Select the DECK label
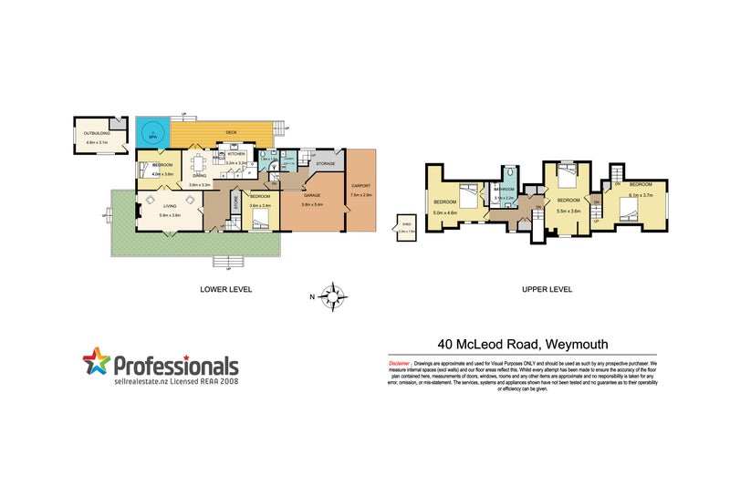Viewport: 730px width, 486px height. point(230,133)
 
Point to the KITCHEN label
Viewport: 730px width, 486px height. point(236,155)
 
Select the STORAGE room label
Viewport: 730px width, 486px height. point(326,164)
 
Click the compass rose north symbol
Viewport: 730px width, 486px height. point(336,295)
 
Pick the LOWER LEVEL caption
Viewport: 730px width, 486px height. point(225,289)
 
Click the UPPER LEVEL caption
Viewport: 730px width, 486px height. point(547,289)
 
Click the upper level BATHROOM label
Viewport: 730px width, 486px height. point(505,189)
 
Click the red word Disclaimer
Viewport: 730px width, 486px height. point(399,362)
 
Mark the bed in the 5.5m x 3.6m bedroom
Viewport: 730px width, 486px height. point(567,174)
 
